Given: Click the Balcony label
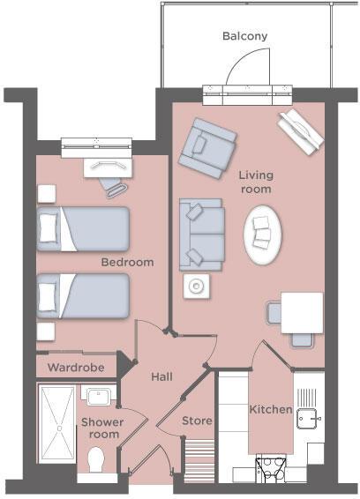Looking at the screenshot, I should click(x=244, y=36).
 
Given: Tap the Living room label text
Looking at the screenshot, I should click(x=255, y=182).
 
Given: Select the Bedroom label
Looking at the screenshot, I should click(x=127, y=262).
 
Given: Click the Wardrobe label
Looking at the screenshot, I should click(x=76, y=367).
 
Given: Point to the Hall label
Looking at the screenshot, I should click(x=161, y=376).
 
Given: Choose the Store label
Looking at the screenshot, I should click(x=197, y=421).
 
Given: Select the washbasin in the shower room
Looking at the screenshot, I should click(x=98, y=395).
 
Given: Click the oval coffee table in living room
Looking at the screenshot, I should click(x=264, y=235).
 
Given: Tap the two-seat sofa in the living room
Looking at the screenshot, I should click(x=201, y=235).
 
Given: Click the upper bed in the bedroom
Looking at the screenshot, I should click(x=84, y=228).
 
